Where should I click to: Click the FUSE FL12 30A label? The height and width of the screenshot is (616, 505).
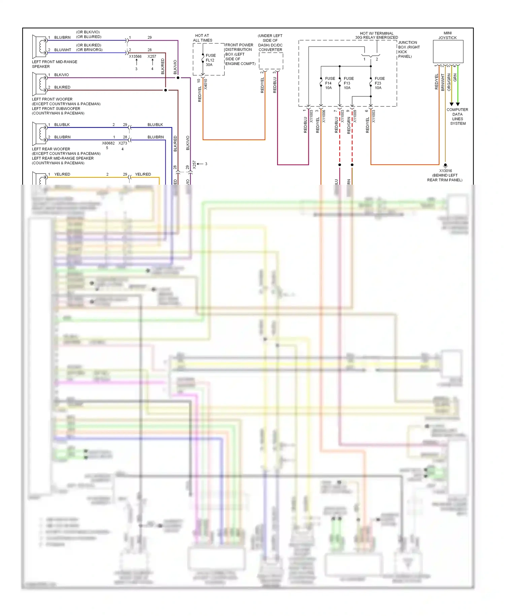(210, 60)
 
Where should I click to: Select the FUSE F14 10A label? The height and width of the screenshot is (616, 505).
(330, 83)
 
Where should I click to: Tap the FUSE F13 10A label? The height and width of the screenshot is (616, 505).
(348, 83)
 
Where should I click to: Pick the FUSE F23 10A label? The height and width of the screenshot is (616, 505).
(379, 83)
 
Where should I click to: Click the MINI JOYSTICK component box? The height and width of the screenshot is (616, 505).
(448, 51)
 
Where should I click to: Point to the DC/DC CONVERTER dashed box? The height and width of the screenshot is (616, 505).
(271, 61)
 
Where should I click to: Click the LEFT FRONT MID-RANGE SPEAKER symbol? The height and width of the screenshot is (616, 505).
(39, 47)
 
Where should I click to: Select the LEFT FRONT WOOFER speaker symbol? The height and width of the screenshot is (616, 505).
(39, 84)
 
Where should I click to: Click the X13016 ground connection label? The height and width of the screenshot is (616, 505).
(445, 171)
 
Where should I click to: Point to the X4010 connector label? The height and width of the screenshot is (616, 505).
(206, 84)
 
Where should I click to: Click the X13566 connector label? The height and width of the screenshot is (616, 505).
(135, 57)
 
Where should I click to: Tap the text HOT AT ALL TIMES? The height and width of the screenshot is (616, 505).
(202, 38)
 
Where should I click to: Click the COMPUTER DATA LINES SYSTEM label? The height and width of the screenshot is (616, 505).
(458, 117)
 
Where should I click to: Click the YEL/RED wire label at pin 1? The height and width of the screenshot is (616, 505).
(62, 174)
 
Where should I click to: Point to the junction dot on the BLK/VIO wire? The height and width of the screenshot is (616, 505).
(178, 78)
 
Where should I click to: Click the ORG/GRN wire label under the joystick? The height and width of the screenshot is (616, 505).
(449, 82)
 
